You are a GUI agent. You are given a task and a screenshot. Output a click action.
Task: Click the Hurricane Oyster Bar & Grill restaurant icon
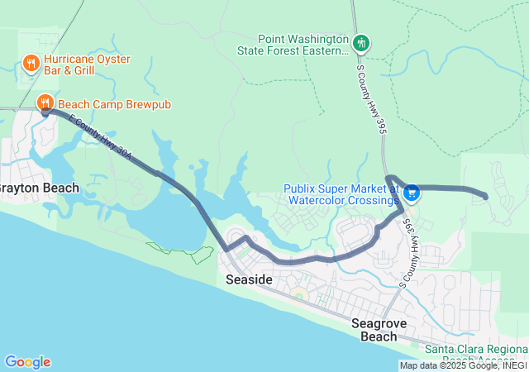31,63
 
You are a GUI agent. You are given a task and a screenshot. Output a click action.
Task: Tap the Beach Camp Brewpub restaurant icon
45,103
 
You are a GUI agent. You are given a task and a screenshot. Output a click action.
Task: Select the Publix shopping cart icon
412,193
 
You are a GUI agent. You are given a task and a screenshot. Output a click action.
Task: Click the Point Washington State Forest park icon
360,43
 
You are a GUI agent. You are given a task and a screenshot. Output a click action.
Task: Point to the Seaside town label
249,280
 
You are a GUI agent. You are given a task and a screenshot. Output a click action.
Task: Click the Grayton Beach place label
38,188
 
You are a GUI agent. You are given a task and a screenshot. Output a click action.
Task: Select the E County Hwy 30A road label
100,138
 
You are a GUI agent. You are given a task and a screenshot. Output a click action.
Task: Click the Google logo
27,362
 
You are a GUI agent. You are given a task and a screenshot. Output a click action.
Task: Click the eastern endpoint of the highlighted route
484,197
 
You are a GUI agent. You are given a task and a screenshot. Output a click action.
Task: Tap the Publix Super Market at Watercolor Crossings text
341,194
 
